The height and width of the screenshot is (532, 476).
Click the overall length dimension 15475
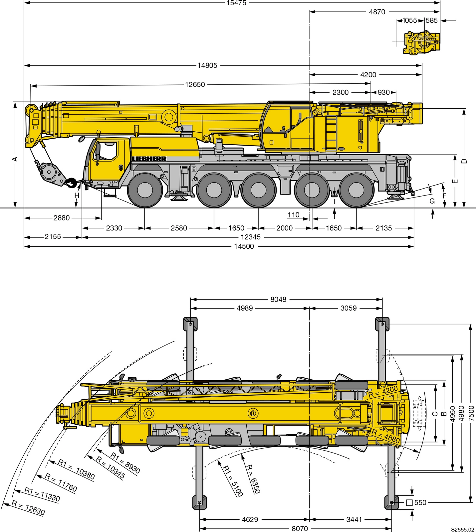click(236, 3)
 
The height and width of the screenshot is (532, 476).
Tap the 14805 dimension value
click(207, 66)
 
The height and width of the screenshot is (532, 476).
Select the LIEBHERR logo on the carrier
click(149, 159)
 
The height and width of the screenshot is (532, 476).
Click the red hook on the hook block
click(71, 182)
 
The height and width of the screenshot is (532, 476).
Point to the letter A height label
click(15, 159)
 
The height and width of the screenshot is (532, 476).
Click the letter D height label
click(464, 161)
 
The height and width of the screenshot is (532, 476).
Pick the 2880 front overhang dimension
click(62, 218)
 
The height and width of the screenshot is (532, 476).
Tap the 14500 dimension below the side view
click(244, 246)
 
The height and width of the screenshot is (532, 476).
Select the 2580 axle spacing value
click(179, 228)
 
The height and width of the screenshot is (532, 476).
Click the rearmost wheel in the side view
click(356, 190)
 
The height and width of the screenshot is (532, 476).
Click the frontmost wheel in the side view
click(145, 190)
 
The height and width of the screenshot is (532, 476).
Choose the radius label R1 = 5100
click(233, 481)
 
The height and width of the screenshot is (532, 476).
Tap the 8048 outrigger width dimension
click(278, 299)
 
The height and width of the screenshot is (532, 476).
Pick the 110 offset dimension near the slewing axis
click(293, 215)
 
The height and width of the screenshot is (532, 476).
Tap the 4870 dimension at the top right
click(377, 12)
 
